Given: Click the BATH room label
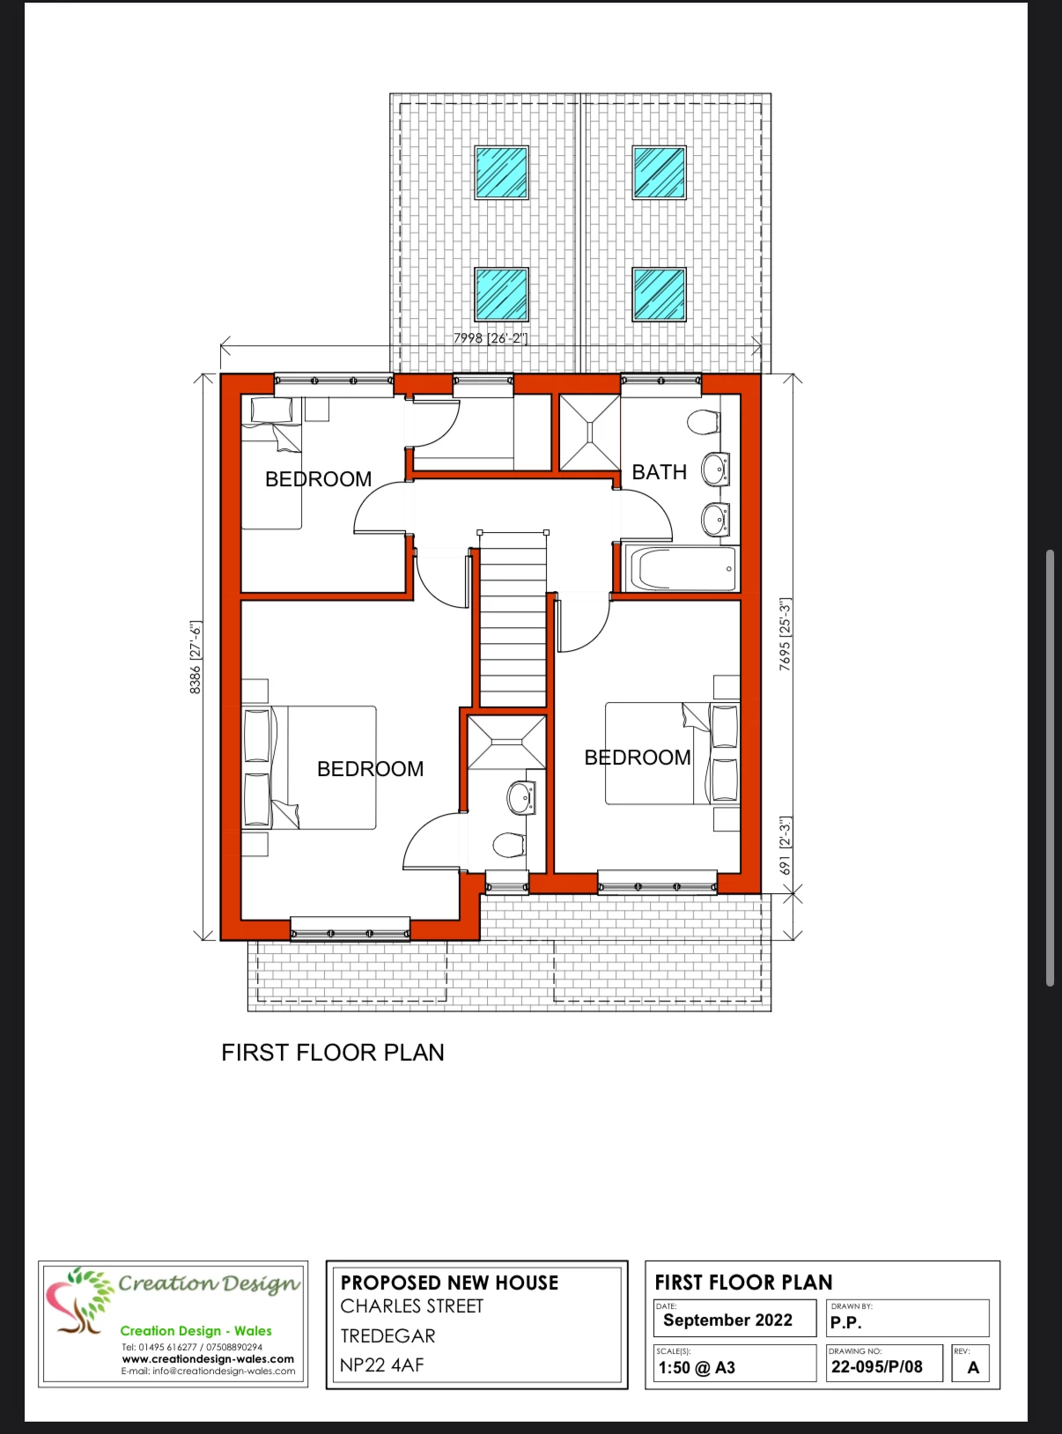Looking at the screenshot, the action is [660, 472].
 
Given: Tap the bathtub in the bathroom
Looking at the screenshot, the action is [681, 569].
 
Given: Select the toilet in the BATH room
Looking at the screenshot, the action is [704, 423].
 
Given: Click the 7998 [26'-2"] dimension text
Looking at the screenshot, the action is [490, 337].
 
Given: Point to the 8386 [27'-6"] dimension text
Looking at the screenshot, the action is [195, 657].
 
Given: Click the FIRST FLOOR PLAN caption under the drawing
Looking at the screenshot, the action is [333, 1053].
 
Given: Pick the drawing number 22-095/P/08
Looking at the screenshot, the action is [877, 1367].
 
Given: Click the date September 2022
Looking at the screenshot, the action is [728, 1319].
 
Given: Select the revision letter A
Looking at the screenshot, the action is [973, 1367].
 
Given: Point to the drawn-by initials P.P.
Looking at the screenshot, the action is [846, 1323].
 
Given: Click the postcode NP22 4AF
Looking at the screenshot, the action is [382, 1364].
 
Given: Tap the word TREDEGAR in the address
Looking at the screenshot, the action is [387, 1335].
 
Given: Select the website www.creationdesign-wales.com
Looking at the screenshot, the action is [208, 1359].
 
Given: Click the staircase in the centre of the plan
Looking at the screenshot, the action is [513, 619].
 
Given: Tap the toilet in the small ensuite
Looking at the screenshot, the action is [508, 845].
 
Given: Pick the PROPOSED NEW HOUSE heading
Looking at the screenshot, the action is [449, 1282].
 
